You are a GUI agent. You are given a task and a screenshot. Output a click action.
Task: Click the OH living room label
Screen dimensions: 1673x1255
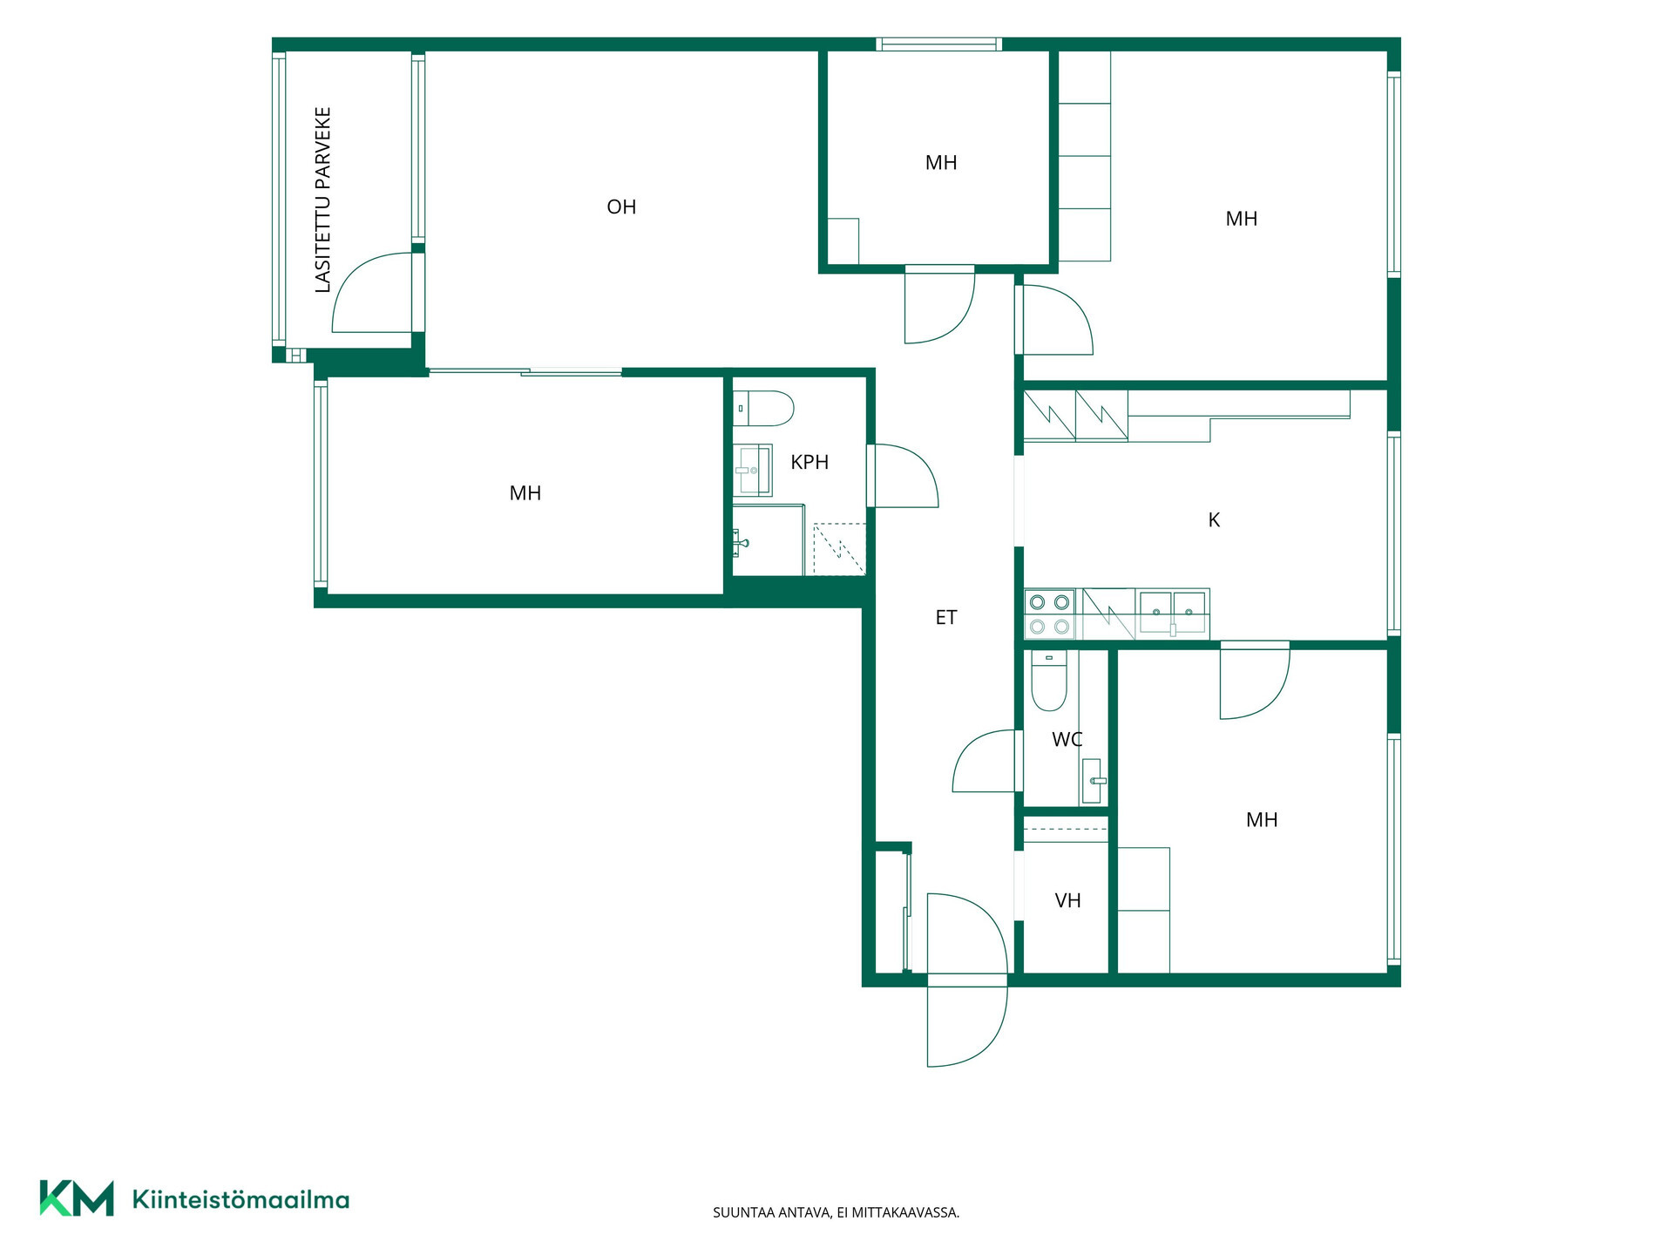pos(621,207)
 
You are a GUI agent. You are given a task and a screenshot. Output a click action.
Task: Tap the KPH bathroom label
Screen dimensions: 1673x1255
pos(809,462)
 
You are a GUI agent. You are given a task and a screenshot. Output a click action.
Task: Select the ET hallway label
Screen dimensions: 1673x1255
pos(946,617)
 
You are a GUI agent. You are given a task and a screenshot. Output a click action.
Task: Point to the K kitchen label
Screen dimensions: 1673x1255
pos(1214,519)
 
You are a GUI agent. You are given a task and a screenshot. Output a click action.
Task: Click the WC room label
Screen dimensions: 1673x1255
pos(1067,739)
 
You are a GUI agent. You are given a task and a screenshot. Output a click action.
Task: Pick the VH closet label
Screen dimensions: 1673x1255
pos(1068,900)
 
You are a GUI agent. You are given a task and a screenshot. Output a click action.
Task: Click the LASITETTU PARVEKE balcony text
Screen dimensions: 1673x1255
pos(322,200)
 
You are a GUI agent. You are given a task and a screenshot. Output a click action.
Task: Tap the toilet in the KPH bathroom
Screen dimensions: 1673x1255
pos(763,408)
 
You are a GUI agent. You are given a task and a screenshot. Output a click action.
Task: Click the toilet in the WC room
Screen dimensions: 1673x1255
pos(1049,681)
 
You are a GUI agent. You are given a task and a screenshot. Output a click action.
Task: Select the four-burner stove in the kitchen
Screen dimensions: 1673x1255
pos(1050,614)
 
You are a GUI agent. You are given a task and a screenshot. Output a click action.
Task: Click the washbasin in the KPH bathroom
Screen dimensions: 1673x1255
pos(752,470)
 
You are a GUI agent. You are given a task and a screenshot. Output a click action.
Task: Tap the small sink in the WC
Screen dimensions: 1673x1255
pos(1092,781)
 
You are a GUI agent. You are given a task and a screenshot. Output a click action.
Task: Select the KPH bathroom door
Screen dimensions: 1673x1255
pos(903,476)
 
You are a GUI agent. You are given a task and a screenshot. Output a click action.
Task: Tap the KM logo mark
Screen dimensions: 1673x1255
pos(77,1198)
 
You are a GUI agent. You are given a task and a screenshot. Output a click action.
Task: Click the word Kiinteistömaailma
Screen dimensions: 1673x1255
pos(240,1200)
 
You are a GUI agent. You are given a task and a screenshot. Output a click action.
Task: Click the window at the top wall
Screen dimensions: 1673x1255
pos(938,44)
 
